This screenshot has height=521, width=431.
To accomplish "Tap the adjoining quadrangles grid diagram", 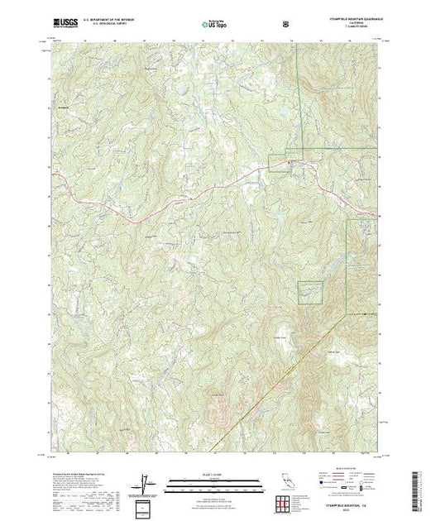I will [x=285, y=504].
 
